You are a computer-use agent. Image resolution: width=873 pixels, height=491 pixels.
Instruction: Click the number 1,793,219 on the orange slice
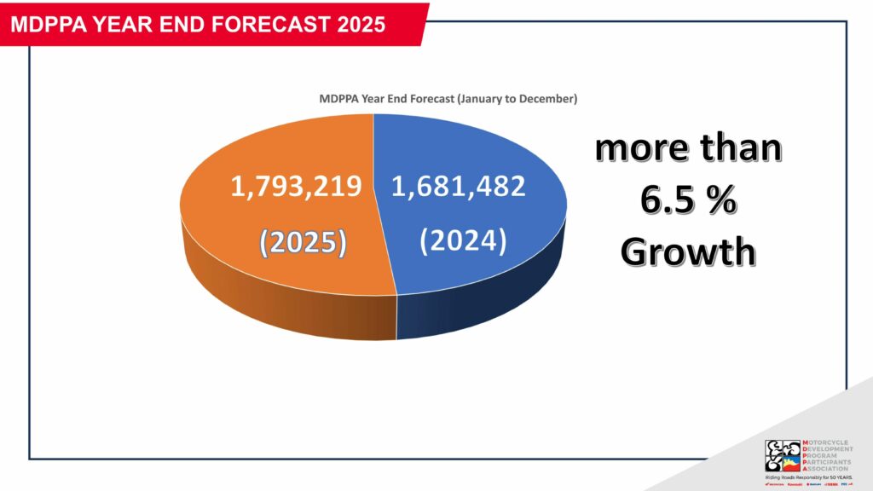click(296, 186)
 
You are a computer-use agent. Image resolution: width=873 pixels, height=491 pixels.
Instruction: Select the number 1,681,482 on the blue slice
click(458, 186)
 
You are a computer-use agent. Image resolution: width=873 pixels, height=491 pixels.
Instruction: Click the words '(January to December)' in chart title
click(517, 99)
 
